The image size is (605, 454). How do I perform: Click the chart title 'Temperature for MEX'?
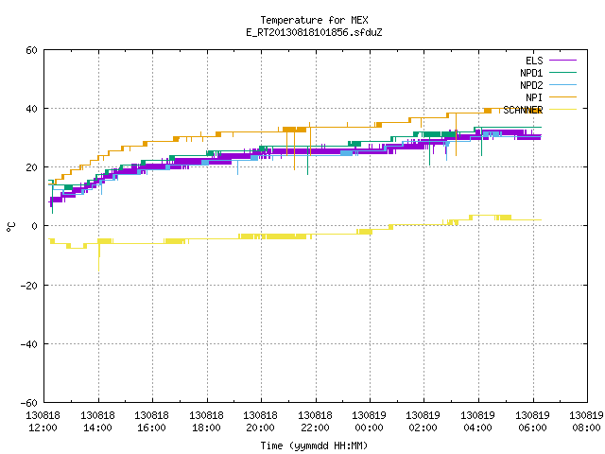click(314, 20)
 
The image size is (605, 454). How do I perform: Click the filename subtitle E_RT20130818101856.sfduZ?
click(314, 32)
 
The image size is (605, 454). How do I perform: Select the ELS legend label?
click(534, 61)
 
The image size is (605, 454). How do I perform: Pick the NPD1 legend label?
click(531, 73)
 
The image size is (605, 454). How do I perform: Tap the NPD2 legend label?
click(531, 85)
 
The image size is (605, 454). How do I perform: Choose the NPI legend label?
click(534, 97)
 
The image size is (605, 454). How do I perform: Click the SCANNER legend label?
click(523, 110)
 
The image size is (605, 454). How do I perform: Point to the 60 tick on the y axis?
click(31, 50)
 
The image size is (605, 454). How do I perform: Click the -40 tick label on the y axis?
click(29, 344)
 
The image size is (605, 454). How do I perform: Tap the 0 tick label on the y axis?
click(35, 226)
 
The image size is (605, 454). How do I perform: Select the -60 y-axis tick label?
click(29, 403)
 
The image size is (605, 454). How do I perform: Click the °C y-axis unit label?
click(10, 227)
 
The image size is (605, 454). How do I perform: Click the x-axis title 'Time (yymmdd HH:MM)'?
click(314, 445)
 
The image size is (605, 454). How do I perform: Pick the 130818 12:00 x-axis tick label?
click(43, 422)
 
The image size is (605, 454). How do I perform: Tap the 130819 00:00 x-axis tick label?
click(369, 422)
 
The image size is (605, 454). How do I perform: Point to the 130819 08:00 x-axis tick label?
click(586, 422)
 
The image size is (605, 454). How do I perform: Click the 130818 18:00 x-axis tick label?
click(206, 422)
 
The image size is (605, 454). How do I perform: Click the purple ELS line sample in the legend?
click(562, 61)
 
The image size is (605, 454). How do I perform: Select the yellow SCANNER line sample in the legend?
click(562, 110)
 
